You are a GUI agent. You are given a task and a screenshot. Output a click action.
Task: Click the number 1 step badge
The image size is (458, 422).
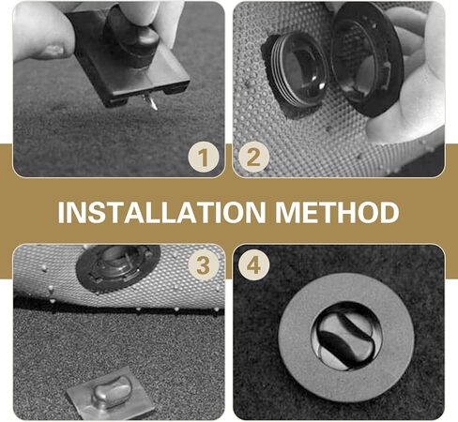203,157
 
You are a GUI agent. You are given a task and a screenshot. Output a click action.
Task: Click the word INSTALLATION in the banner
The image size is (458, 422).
160,211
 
